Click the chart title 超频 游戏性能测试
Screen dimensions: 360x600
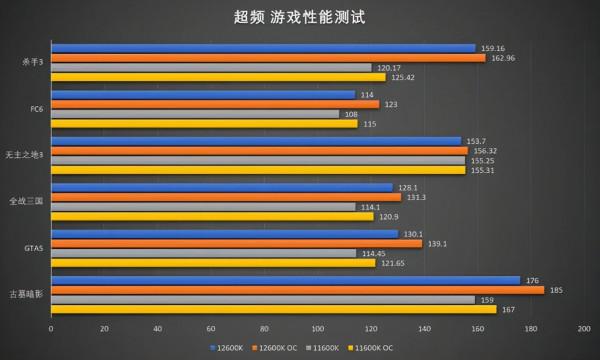tap(299, 17)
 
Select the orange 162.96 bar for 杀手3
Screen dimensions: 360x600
tap(268, 58)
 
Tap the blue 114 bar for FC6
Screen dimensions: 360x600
tap(203, 95)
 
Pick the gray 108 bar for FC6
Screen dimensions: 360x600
tap(195, 114)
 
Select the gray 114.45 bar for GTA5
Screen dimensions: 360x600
tap(203, 253)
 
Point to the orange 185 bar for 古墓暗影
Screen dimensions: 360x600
tap(298, 290)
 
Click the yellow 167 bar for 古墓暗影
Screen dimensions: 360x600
tap(274, 309)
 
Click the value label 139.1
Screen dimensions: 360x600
tap(438, 244)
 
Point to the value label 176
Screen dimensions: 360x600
tap(532, 281)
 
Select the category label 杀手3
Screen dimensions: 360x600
tap(32, 63)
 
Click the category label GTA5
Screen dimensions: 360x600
tap(33, 248)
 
